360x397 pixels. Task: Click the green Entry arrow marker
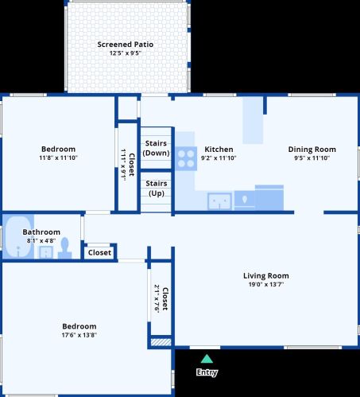click(x=207, y=359)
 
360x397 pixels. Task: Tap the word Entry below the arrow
click(x=207, y=372)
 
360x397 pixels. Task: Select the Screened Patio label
click(x=126, y=45)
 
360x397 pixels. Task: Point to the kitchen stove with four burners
click(x=186, y=158)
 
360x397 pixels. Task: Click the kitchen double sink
click(x=219, y=201)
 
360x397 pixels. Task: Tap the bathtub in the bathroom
click(x=18, y=236)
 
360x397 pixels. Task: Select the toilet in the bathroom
click(x=65, y=248)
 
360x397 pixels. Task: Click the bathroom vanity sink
click(x=46, y=252)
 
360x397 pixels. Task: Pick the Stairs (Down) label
click(x=156, y=148)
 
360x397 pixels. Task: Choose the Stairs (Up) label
click(x=157, y=189)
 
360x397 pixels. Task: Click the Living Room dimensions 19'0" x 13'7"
click(x=266, y=285)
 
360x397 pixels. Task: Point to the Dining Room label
click(x=312, y=150)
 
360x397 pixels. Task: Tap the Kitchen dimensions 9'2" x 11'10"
click(x=219, y=158)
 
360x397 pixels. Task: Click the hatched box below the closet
click(x=161, y=342)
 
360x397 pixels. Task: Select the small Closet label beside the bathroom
click(x=99, y=252)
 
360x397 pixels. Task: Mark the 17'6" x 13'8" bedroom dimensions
click(x=79, y=335)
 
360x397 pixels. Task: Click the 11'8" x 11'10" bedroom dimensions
click(x=58, y=158)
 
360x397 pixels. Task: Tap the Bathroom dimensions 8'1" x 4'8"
click(x=41, y=241)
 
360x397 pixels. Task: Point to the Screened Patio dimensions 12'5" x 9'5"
click(x=126, y=53)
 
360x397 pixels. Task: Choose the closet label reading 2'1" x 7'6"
click(x=157, y=299)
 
